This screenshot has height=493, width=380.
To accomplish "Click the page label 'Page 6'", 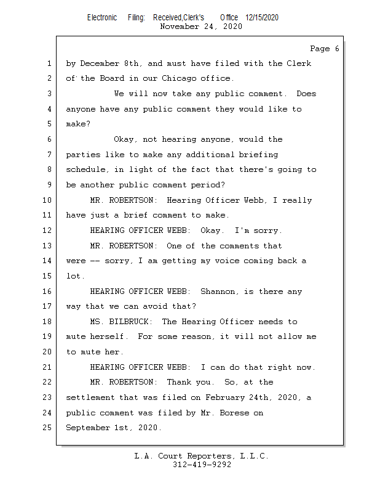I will point(324,49).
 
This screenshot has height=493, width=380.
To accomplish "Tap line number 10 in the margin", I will point(47,200).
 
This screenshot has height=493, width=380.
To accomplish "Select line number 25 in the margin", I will point(47,428).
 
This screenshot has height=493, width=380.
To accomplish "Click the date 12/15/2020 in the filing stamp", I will point(262,18).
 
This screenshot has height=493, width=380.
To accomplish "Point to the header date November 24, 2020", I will point(200,26).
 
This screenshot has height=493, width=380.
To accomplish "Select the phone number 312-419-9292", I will point(202,465).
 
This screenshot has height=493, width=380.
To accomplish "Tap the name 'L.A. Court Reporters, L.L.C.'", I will point(201,456).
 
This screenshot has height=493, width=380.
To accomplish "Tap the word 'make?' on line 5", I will point(78,124).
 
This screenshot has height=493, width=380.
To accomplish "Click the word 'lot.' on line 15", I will point(76,276).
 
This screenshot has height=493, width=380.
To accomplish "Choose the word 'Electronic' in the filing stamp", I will point(102,18).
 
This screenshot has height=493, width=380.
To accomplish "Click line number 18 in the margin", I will point(47,322).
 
